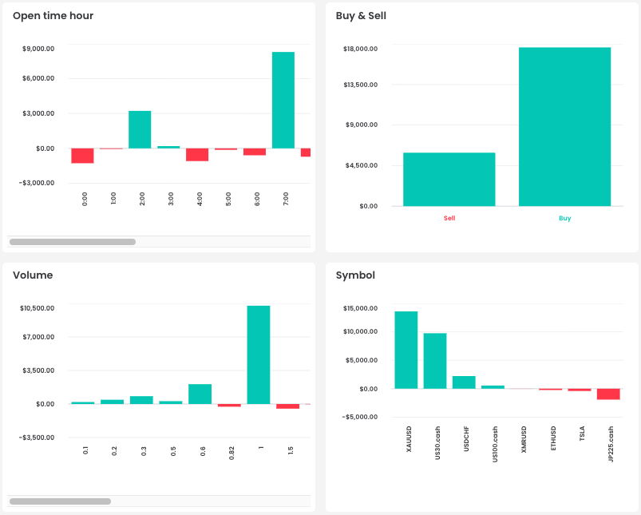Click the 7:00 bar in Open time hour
[283, 100]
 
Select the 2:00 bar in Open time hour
[140, 129]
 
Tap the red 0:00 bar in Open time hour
[82, 156]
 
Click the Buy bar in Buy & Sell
[564, 126]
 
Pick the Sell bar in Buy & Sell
[449, 179]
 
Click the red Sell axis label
[449, 218]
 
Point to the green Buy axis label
[565, 218]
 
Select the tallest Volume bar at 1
[258, 355]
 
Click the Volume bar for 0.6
[200, 394]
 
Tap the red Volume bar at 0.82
[229, 406]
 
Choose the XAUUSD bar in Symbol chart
[406, 350]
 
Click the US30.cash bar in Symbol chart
[434, 361]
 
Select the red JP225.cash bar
[608, 394]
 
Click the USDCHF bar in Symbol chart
[464, 382]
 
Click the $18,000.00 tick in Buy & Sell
[360, 49]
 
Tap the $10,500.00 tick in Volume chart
[37, 308]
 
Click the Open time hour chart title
[53, 16]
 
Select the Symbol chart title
[355, 275]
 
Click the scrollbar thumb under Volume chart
[60, 501]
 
